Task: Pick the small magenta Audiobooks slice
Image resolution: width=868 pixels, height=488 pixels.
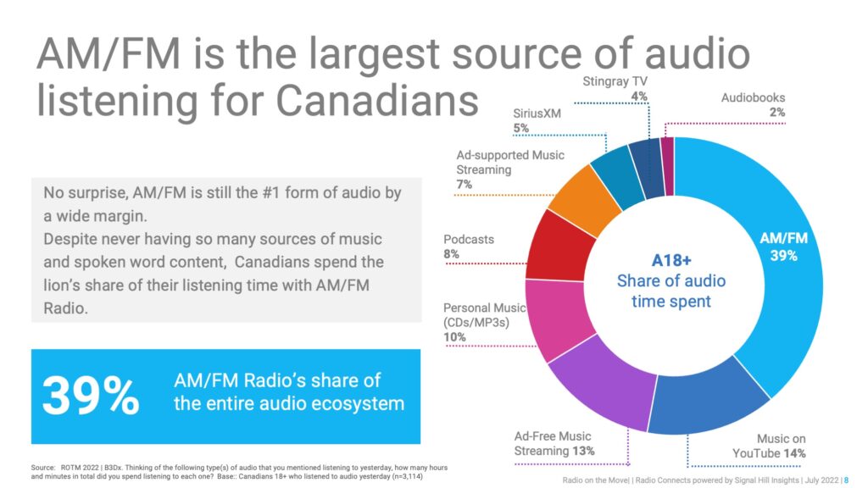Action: pyautogui.click(x=668, y=166)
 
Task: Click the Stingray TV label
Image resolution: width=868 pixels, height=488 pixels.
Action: pyautogui.click(x=615, y=81)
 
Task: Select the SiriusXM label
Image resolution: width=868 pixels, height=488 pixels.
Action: pyautogui.click(x=537, y=114)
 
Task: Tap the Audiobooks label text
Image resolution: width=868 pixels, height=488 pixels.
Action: pyautogui.click(x=753, y=98)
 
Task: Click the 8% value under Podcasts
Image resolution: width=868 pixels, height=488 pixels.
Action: pyautogui.click(x=451, y=254)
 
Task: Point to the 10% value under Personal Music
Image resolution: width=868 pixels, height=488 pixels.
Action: pyautogui.click(x=454, y=337)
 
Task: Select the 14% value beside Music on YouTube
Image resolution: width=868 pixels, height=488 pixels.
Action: pyautogui.click(x=793, y=454)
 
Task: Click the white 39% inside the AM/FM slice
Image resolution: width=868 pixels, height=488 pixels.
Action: pyautogui.click(x=784, y=256)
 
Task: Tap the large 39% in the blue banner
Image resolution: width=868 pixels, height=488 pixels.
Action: pyautogui.click(x=91, y=396)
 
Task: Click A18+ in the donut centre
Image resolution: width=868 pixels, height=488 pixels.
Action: pyautogui.click(x=671, y=260)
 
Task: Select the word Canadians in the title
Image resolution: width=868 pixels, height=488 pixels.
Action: pyautogui.click(x=377, y=100)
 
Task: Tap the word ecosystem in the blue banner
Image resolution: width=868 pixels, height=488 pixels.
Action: pyautogui.click(x=358, y=404)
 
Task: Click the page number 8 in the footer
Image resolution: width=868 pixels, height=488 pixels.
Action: pyautogui.click(x=846, y=480)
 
